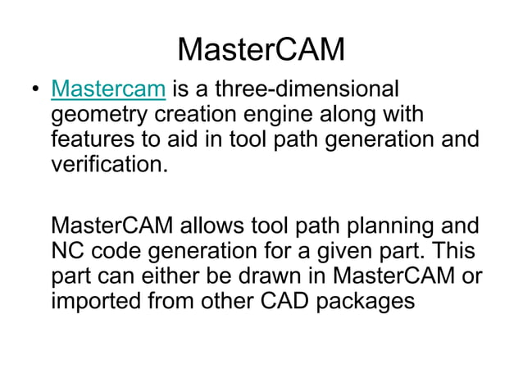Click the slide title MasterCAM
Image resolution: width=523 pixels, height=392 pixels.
pyautogui.click(x=261, y=49)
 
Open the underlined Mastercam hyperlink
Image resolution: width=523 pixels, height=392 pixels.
pyautogui.click(x=108, y=89)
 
